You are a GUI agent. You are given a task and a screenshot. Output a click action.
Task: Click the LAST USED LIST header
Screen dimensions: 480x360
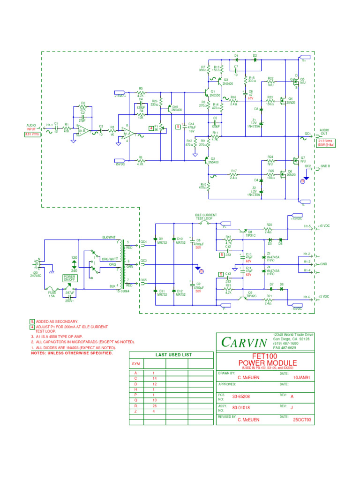170,355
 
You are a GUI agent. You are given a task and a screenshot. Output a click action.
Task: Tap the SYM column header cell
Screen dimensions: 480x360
136,364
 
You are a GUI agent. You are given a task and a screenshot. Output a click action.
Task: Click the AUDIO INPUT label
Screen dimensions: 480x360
31,127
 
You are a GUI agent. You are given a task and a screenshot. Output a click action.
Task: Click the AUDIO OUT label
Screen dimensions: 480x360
324,132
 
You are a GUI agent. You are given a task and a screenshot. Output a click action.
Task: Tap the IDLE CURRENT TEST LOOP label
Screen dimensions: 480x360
206,217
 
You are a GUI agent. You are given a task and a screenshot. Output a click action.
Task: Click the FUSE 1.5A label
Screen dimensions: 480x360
53,295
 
